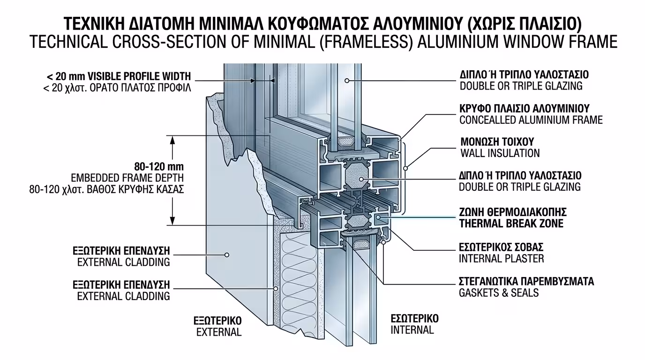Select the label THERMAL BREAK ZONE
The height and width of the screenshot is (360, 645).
[x=511, y=224]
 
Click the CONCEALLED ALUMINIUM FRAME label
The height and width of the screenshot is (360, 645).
[x=531, y=120]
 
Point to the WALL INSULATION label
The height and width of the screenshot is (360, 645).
[x=500, y=153]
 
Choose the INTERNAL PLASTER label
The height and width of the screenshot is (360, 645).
[x=502, y=258]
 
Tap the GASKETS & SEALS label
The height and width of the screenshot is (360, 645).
[x=499, y=293]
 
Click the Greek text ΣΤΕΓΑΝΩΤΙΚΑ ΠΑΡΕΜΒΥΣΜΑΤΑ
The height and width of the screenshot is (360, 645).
[x=526, y=282]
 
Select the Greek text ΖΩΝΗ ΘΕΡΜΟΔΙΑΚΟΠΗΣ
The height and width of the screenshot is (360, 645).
[x=513, y=212]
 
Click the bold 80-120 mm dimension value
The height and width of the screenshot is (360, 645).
[x=159, y=166]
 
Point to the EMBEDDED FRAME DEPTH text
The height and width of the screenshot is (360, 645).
[x=127, y=178]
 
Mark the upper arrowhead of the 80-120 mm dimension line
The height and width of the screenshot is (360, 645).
[x=173, y=140]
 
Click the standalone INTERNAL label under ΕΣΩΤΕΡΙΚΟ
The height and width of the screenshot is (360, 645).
[x=412, y=330]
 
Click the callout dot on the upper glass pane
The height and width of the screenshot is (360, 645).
[x=347, y=81]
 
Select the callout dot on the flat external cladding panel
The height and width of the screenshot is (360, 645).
[x=226, y=255]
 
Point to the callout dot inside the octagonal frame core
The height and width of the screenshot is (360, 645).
[x=361, y=179]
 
